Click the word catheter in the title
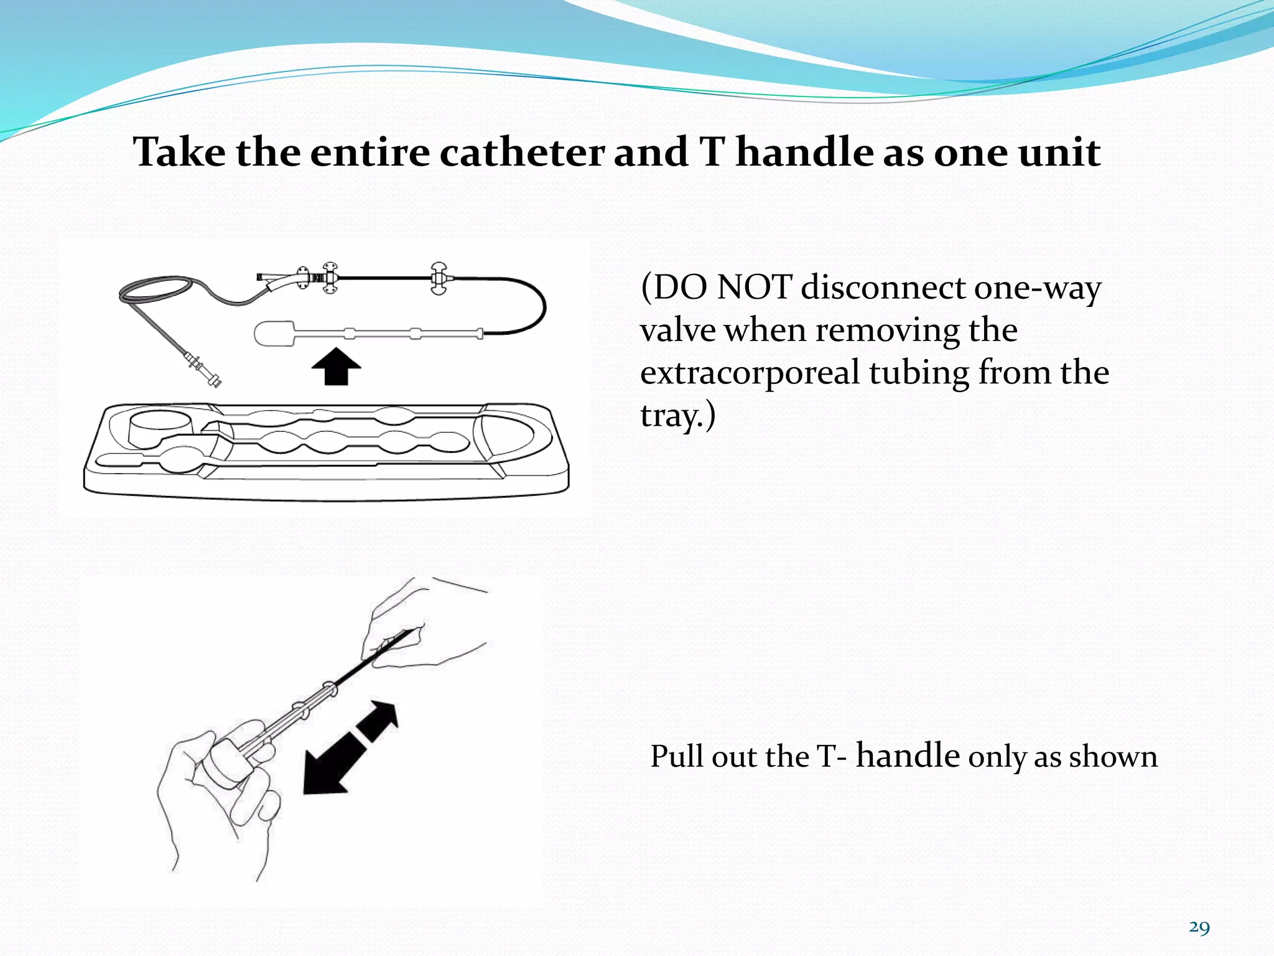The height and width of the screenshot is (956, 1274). (x=522, y=152)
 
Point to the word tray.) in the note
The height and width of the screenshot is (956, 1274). (x=677, y=416)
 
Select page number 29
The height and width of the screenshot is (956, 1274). (x=1199, y=927)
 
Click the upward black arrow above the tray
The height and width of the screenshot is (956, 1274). (x=336, y=366)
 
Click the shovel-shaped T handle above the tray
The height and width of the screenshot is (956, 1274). (x=274, y=334)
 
